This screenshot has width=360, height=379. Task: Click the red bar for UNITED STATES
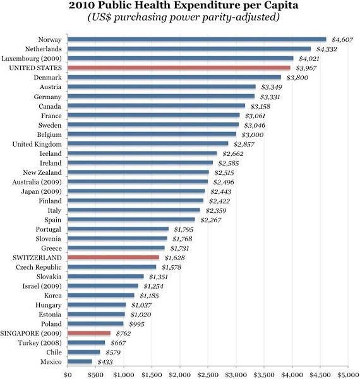179,67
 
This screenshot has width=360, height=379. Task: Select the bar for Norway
196,39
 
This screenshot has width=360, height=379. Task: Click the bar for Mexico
80,361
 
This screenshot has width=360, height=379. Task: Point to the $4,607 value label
342,39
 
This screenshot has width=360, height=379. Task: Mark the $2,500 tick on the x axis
208,374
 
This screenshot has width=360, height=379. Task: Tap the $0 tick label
68,374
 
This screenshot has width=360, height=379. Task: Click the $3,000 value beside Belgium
251,135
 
